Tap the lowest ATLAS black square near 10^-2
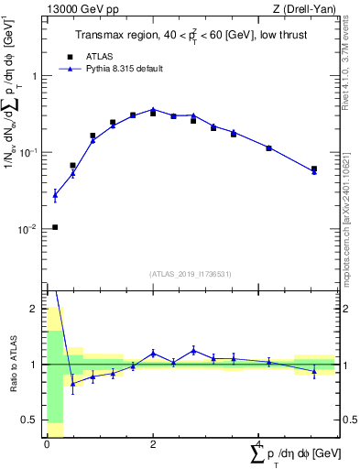point(55,227)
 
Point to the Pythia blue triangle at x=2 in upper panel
point(153,109)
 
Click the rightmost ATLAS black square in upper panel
point(314,169)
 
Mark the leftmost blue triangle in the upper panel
point(55,194)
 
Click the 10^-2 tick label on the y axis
point(27,229)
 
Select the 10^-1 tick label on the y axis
point(27,153)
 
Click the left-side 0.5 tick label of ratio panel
point(28,420)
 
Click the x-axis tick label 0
point(47,444)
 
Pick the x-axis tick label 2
point(153,444)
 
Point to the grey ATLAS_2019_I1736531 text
point(190,274)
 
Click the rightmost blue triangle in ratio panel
point(314,371)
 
